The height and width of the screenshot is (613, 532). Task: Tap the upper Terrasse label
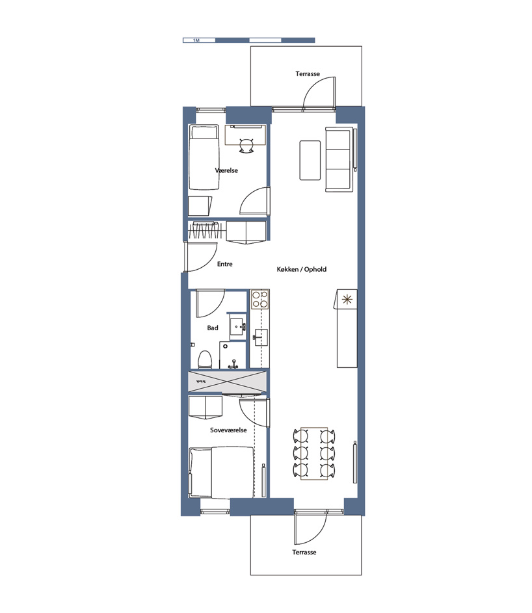[307, 74]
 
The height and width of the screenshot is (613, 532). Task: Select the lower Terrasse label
[304, 552]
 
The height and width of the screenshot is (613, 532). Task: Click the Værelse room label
[226, 170]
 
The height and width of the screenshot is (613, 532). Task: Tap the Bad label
[213, 328]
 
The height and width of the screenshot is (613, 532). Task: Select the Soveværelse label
[228, 430]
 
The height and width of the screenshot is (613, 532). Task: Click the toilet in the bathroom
[205, 358]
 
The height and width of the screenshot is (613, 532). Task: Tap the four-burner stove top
[260, 299]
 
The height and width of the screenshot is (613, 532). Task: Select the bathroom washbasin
[236, 324]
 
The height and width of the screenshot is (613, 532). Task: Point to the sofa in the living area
[339, 160]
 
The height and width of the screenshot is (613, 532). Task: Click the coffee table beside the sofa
[310, 160]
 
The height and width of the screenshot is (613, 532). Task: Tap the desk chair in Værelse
[246, 146]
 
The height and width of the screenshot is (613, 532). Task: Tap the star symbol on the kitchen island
[347, 299]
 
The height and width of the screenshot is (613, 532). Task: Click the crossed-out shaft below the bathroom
[227, 381]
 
